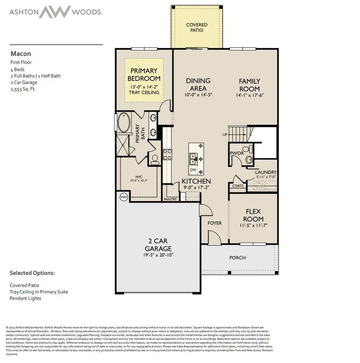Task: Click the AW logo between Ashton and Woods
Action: (55, 12)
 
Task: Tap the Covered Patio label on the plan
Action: (197, 28)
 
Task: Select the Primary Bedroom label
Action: (144, 75)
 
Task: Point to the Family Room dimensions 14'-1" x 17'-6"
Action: (250, 96)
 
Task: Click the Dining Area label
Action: (198, 84)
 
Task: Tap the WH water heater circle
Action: (124, 197)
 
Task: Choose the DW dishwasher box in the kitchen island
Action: (193, 170)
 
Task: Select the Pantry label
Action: (170, 199)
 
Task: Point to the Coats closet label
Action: (238, 186)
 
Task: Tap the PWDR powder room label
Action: (234, 153)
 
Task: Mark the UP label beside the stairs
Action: (225, 135)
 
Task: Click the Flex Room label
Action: (254, 215)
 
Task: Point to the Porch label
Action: (238, 258)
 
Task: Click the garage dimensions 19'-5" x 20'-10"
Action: (158, 255)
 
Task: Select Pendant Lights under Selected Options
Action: (25, 298)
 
